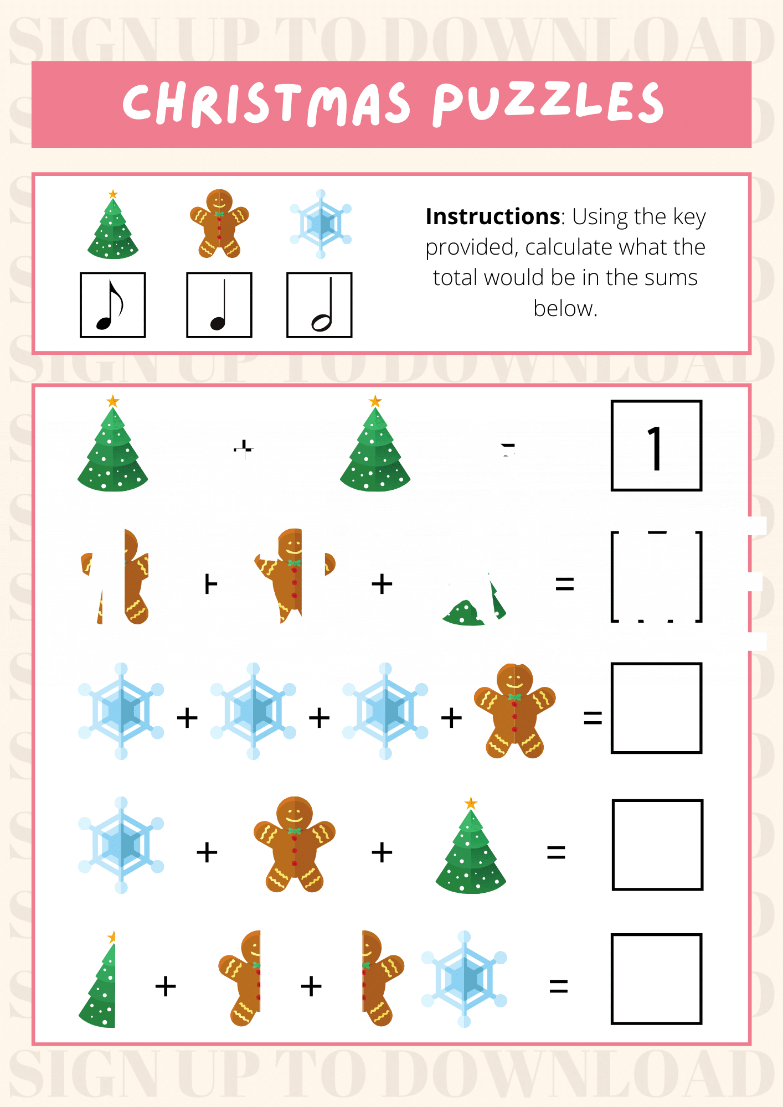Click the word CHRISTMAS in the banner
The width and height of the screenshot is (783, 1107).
coord(266,104)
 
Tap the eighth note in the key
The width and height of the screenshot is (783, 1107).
coord(112,305)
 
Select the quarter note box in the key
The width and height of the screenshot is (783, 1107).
coord(219,305)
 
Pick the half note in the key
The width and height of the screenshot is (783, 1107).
coord(320,305)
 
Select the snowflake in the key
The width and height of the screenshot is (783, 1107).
coord(321,224)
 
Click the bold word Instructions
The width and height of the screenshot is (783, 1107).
coord(492,216)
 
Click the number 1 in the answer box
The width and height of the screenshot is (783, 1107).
coord(656,448)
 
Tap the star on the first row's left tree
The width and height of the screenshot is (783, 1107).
coord(113,401)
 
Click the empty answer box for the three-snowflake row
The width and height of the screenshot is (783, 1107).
coord(656,708)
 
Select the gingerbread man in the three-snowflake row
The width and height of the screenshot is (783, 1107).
coord(514,711)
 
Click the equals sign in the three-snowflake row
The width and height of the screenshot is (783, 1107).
coord(593,718)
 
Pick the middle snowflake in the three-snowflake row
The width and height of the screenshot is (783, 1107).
coord(253,711)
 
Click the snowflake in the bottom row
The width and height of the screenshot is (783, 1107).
coord(464,979)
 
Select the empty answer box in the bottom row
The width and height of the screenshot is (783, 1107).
coord(656,979)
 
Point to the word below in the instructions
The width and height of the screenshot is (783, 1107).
coord(565,308)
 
